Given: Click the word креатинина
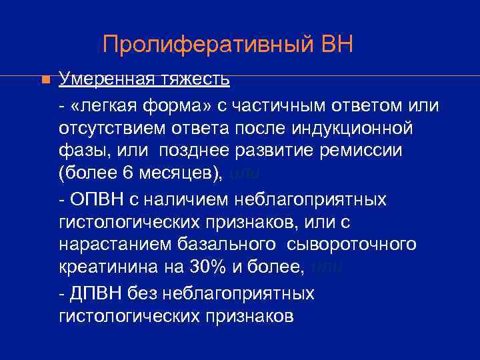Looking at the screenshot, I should (111, 268).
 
